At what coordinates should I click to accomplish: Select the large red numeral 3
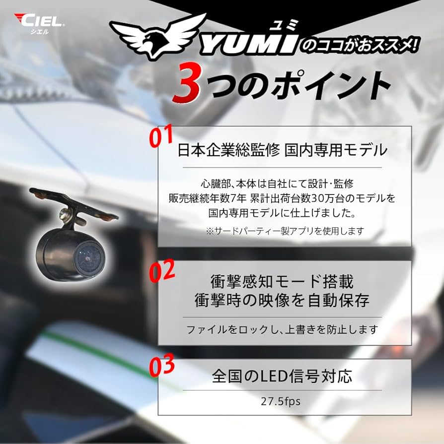187,85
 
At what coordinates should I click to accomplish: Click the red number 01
161,138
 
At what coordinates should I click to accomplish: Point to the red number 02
162,272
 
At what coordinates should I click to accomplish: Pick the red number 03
162,366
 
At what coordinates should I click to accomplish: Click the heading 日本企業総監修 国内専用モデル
282,150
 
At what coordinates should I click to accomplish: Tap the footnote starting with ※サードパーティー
285,231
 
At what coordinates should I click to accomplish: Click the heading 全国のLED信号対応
282,376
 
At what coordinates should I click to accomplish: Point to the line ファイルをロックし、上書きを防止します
282,329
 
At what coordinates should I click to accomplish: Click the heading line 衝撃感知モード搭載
282,281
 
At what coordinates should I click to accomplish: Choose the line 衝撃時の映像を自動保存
282,300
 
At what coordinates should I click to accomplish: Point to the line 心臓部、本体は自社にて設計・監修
282,184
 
